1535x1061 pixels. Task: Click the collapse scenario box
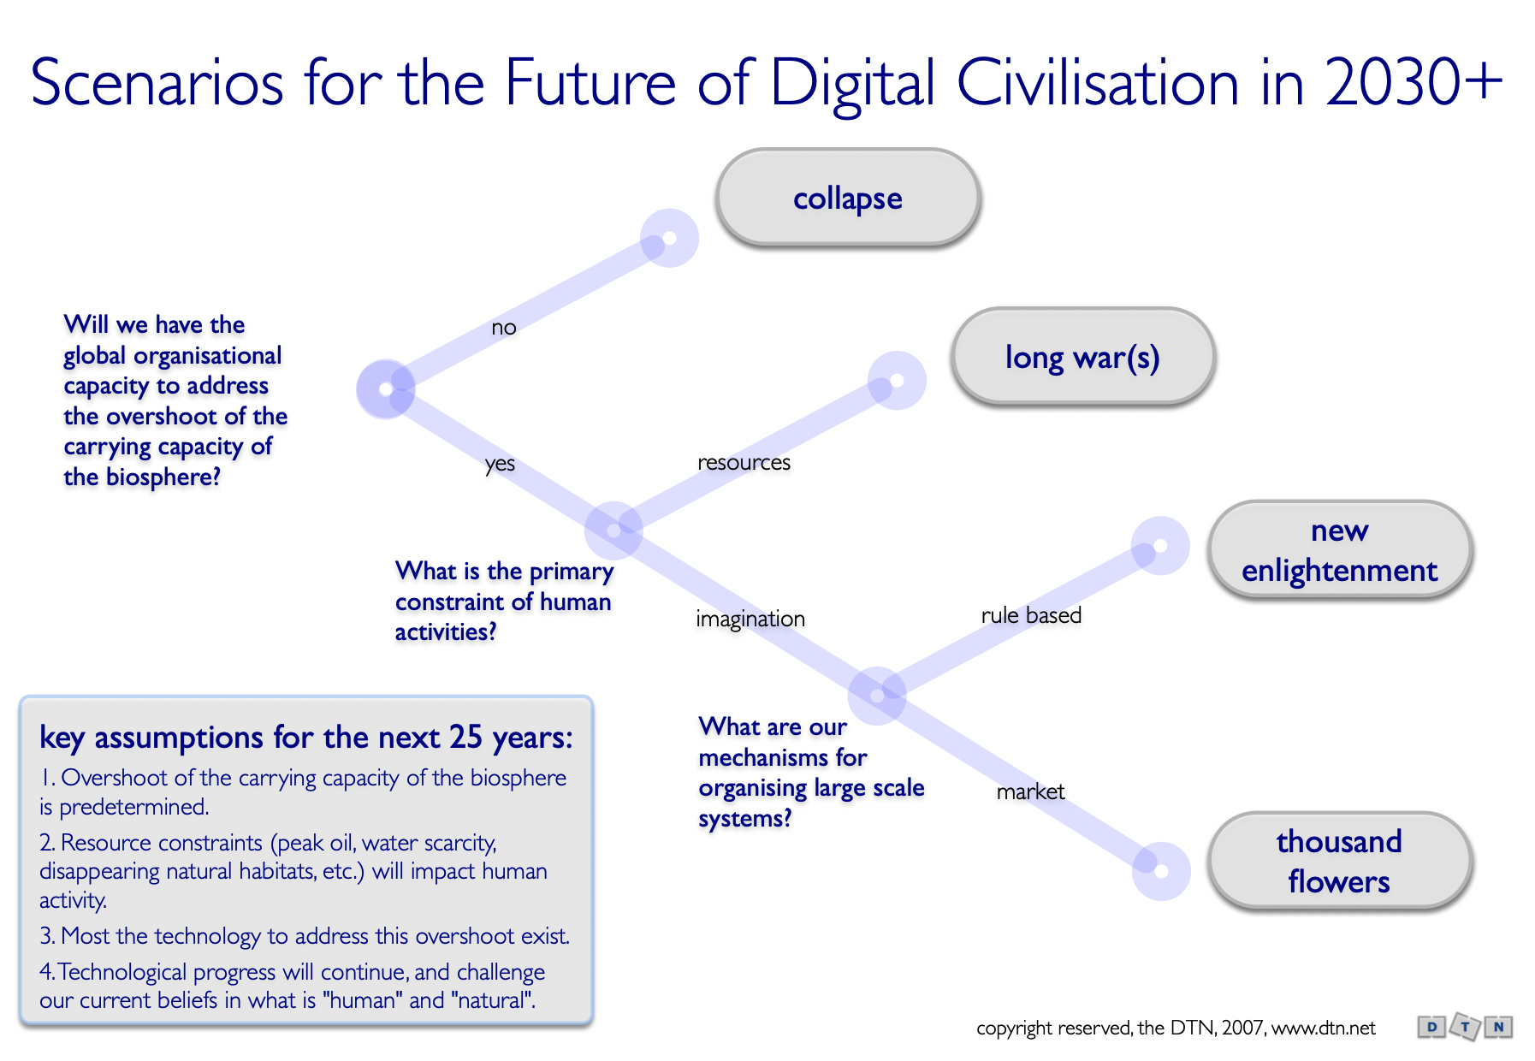click(847, 199)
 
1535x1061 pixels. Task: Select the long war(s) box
click(1082, 357)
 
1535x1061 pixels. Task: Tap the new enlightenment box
click(1339, 550)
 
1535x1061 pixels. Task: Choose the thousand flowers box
click(1339, 861)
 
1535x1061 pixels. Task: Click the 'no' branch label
click(504, 328)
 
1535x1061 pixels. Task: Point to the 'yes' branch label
click(500, 464)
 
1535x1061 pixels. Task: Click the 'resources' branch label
click(744, 463)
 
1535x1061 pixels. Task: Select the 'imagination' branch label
click(750, 619)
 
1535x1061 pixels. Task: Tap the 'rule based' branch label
click(1031, 615)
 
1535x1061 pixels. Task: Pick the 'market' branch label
click(1030, 791)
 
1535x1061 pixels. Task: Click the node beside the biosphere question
click(386, 389)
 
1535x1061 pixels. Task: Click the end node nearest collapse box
click(670, 238)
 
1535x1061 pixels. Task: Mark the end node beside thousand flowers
click(1161, 871)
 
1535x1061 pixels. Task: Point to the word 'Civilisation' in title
click(1098, 83)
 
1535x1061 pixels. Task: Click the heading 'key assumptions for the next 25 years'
click(305, 738)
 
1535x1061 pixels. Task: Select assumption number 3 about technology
click(305, 936)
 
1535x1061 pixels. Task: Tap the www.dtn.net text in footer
click(1324, 1028)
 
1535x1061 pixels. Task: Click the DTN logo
click(1465, 1027)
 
